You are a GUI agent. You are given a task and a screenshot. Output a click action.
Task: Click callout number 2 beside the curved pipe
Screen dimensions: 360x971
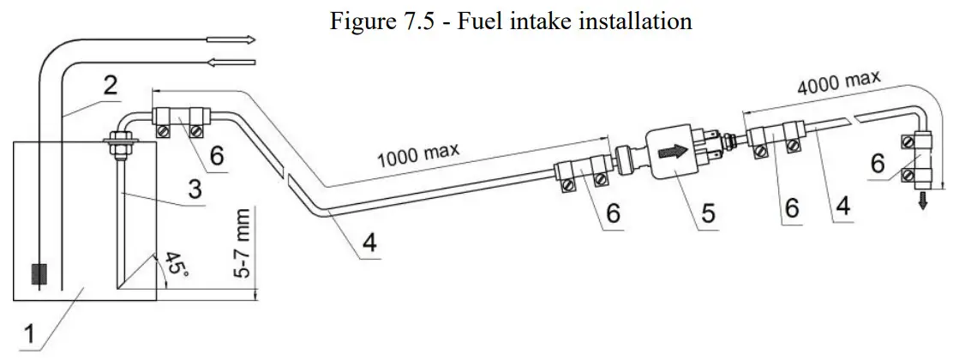tap(111, 84)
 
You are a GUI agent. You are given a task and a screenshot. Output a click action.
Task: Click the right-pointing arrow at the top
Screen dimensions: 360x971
tap(241, 39)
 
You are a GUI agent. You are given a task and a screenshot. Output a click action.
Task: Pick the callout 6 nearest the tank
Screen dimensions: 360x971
tap(219, 155)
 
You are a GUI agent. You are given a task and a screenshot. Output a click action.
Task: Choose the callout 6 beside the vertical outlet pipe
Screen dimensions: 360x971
tap(878, 163)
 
